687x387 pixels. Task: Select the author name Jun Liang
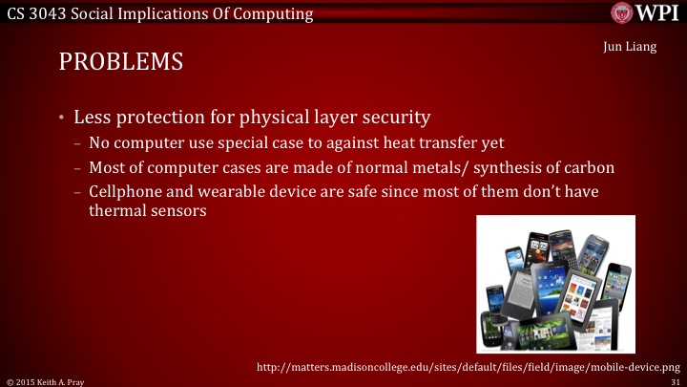tap(630, 48)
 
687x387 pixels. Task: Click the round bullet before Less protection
tap(61, 118)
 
